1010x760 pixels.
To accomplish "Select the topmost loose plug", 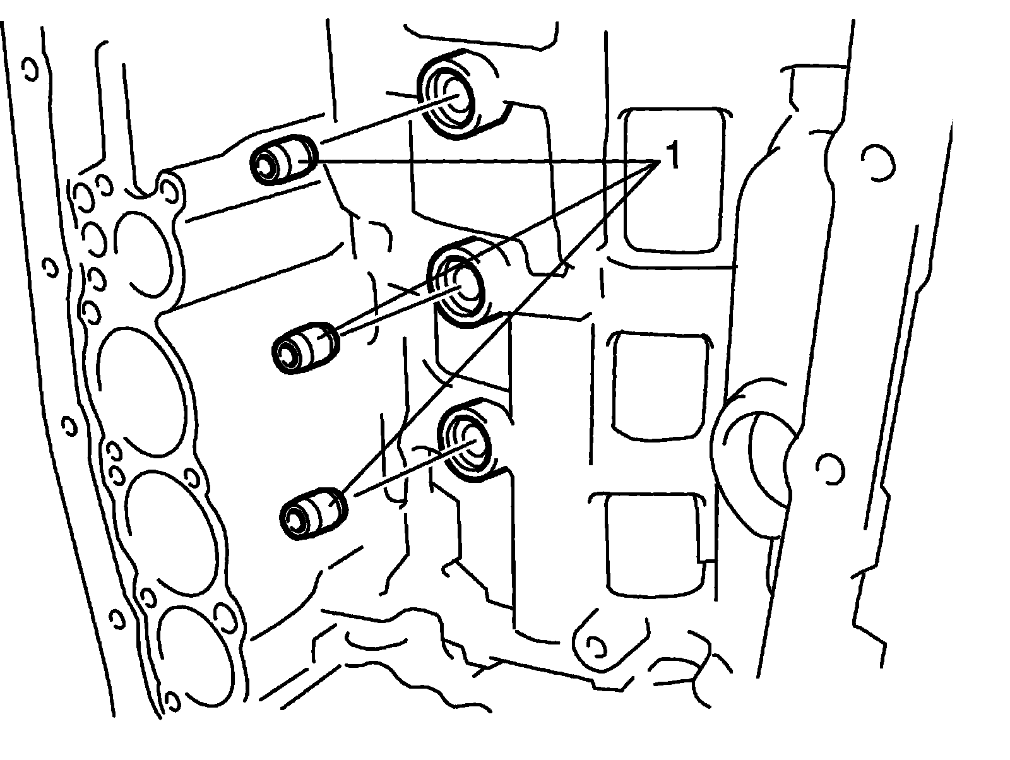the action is pos(283,160).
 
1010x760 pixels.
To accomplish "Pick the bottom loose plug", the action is pos(313,512).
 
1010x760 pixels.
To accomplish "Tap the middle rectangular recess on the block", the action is pos(659,385).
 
